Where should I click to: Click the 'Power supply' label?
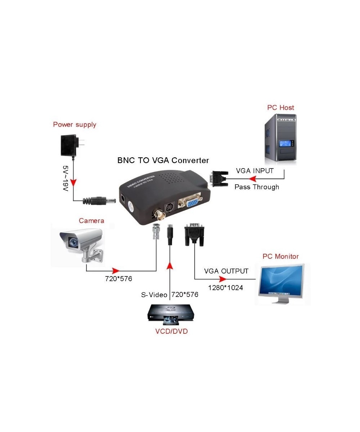75,125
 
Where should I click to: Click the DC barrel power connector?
99,201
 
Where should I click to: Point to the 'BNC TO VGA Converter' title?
163,160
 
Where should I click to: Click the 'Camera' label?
91,220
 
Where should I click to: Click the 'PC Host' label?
280,107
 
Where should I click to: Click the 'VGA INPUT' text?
255,171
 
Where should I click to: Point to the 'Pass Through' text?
257,187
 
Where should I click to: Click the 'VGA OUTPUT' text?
226,271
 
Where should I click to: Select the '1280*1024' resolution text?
226,288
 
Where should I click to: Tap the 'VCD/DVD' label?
172,331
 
